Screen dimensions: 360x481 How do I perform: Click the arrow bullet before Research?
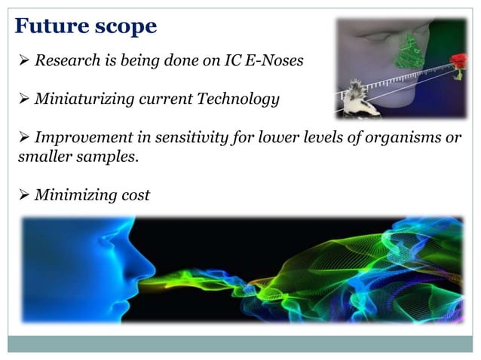tap(22, 60)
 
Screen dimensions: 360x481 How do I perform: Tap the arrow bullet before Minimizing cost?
tap(22, 195)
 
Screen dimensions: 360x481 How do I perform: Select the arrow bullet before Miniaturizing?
tap(22, 98)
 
